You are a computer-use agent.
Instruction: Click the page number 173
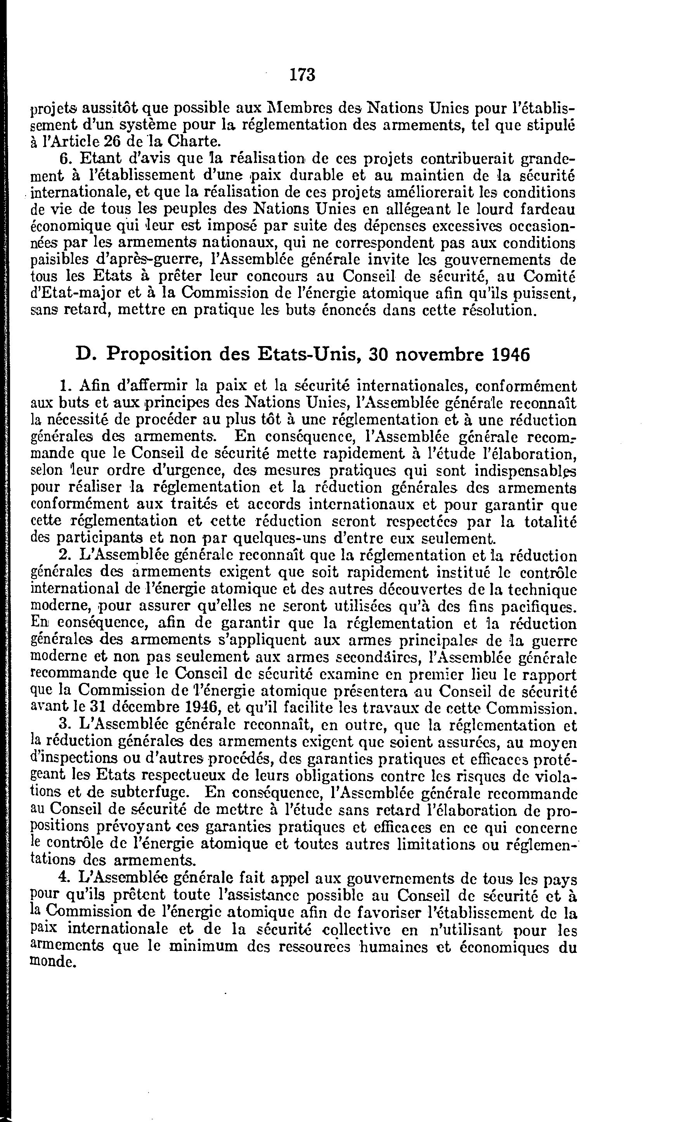pyautogui.click(x=302, y=74)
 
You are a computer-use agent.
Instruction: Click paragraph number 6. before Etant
pyautogui.click(x=66, y=159)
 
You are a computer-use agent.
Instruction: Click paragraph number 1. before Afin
pyautogui.click(x=65, y=386)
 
